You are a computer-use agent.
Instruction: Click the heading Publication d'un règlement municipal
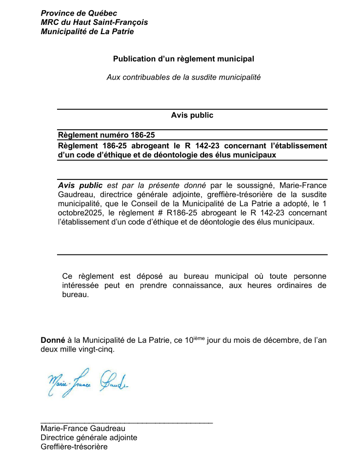(183, 59)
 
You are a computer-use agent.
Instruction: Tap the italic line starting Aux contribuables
(183, 77)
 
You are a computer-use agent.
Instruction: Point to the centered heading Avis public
(192, 116)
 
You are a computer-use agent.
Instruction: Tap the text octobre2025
(79, 213)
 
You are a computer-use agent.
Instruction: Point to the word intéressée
(80, 286)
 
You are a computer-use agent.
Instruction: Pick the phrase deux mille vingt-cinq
(77, 350)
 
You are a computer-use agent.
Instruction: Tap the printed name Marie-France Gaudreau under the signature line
(83, 429)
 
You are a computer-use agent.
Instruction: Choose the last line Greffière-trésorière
(74, 447)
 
